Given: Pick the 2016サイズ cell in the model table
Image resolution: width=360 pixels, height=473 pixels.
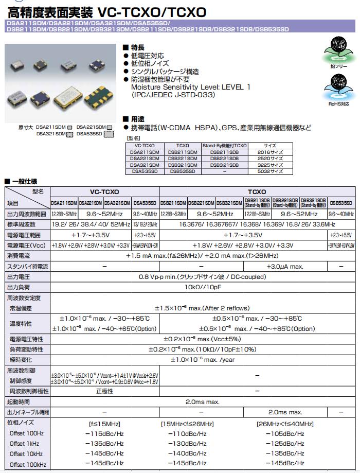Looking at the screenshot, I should point(270,152).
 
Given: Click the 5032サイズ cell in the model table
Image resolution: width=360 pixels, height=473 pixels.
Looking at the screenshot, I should point(270,171).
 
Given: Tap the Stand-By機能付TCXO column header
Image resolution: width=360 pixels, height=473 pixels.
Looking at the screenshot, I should point(224,146).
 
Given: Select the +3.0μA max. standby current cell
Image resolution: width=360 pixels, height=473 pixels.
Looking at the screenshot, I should point(285,267).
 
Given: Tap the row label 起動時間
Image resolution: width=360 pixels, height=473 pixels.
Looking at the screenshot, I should point(19,401).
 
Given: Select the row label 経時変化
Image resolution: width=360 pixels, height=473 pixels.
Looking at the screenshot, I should point(19,360).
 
